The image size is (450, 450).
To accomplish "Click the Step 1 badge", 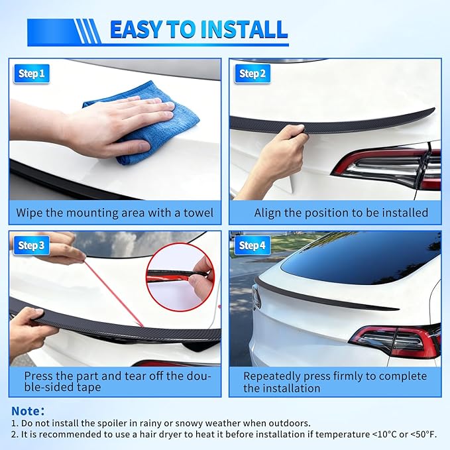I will click(31, 74).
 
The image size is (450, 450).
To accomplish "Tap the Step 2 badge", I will click(252, 74).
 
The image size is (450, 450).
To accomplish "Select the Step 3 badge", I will click(31, 246).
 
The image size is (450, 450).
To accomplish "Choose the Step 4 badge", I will click(252, 246).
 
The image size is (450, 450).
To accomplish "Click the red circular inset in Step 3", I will click(180, 276).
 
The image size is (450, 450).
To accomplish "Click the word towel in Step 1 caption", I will click(197, 213).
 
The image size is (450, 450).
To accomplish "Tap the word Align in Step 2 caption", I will click(268, 213).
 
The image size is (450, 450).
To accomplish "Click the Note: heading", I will click(28, 411).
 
